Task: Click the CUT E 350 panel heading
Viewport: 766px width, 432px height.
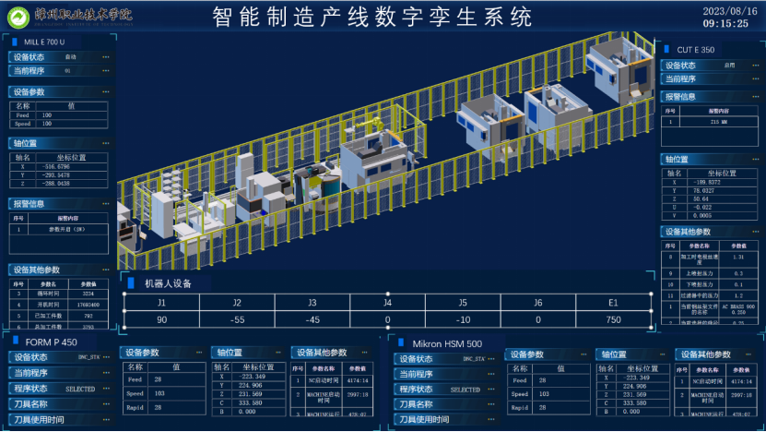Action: [695, 49]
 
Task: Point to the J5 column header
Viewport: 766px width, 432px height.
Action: [463, 302]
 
